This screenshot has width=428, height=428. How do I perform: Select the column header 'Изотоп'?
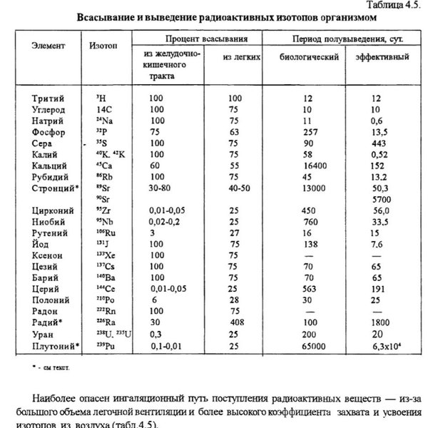point(103,45)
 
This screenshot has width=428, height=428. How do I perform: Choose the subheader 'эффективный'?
point(382,56)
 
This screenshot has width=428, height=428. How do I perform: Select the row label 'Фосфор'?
point(49,132)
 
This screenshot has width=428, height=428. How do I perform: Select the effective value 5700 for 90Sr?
point(382,200)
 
